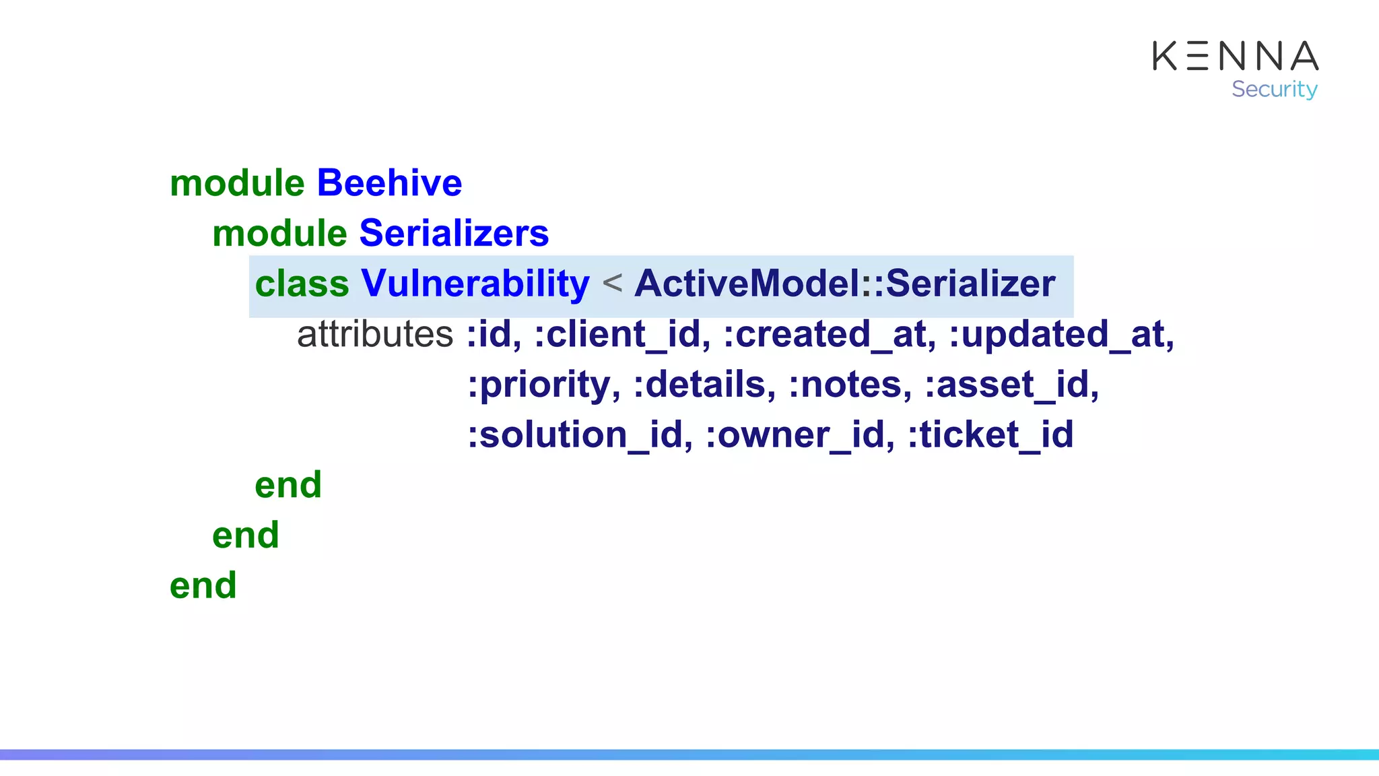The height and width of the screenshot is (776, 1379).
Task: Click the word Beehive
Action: pos(389,183)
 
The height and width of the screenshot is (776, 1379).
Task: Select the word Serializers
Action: pos(454,234)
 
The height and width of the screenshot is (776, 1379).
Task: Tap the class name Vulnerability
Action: pos(475,284)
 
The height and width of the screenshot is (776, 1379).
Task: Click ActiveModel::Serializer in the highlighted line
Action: pos(844,284)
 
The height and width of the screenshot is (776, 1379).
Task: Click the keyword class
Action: pos(302,284)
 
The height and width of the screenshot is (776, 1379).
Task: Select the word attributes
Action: pos(375,334)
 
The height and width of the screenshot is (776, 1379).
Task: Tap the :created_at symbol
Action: pos(829,334)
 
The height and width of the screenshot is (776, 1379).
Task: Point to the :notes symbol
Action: pos(850,385)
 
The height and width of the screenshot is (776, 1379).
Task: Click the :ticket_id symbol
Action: pos(990,434)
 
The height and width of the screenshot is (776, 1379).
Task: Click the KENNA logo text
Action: pos(1235,56)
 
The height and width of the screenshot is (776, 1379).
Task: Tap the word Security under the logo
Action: pos(1274,89)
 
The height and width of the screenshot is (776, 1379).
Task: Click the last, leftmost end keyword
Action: pos(203,585)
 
